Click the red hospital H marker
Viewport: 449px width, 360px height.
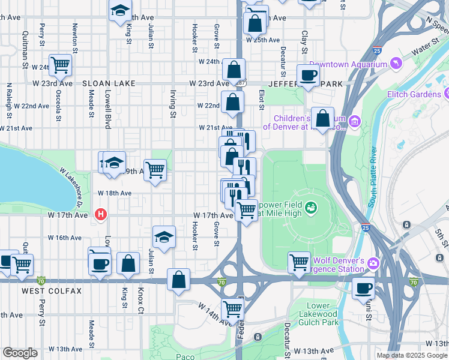(x=101, y=214)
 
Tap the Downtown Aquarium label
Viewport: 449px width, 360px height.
(x=348, y=64)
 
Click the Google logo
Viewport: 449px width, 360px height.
(x=20, y=352)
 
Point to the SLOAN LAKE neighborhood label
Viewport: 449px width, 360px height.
(x=109, y=84)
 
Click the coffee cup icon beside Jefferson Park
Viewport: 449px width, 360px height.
(x=309, y=76)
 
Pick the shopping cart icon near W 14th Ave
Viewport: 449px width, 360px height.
(x=232, y=309)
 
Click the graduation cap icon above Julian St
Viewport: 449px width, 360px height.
(x=164, y=237)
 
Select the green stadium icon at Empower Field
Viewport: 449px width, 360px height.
(x=311, y=208)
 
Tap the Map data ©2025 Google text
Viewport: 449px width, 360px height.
(x=411, y=355)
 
